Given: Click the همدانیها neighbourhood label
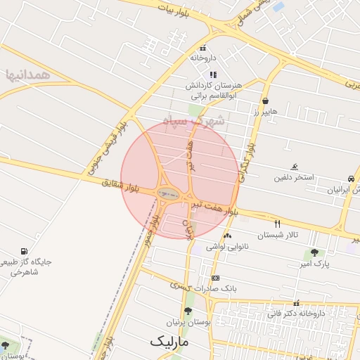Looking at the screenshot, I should coord(28,75).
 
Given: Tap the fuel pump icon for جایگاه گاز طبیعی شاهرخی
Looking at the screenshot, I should coord(25,251).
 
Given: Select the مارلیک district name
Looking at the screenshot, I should coord(169,341).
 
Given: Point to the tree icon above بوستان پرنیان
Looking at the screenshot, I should coord(188,311).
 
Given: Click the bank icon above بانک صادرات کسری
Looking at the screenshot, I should coord(215,278).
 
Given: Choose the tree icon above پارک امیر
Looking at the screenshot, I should coord(314,252).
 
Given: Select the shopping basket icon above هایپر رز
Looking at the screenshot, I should coord(265,101).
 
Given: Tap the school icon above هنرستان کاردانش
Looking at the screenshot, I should coord(212,75).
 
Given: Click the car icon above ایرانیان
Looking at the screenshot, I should coord(350,179).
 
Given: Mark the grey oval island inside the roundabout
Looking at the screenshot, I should coord(167,193).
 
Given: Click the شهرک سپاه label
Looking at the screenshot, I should coord(193,121).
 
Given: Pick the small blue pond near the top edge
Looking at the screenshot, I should coord(278,6).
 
